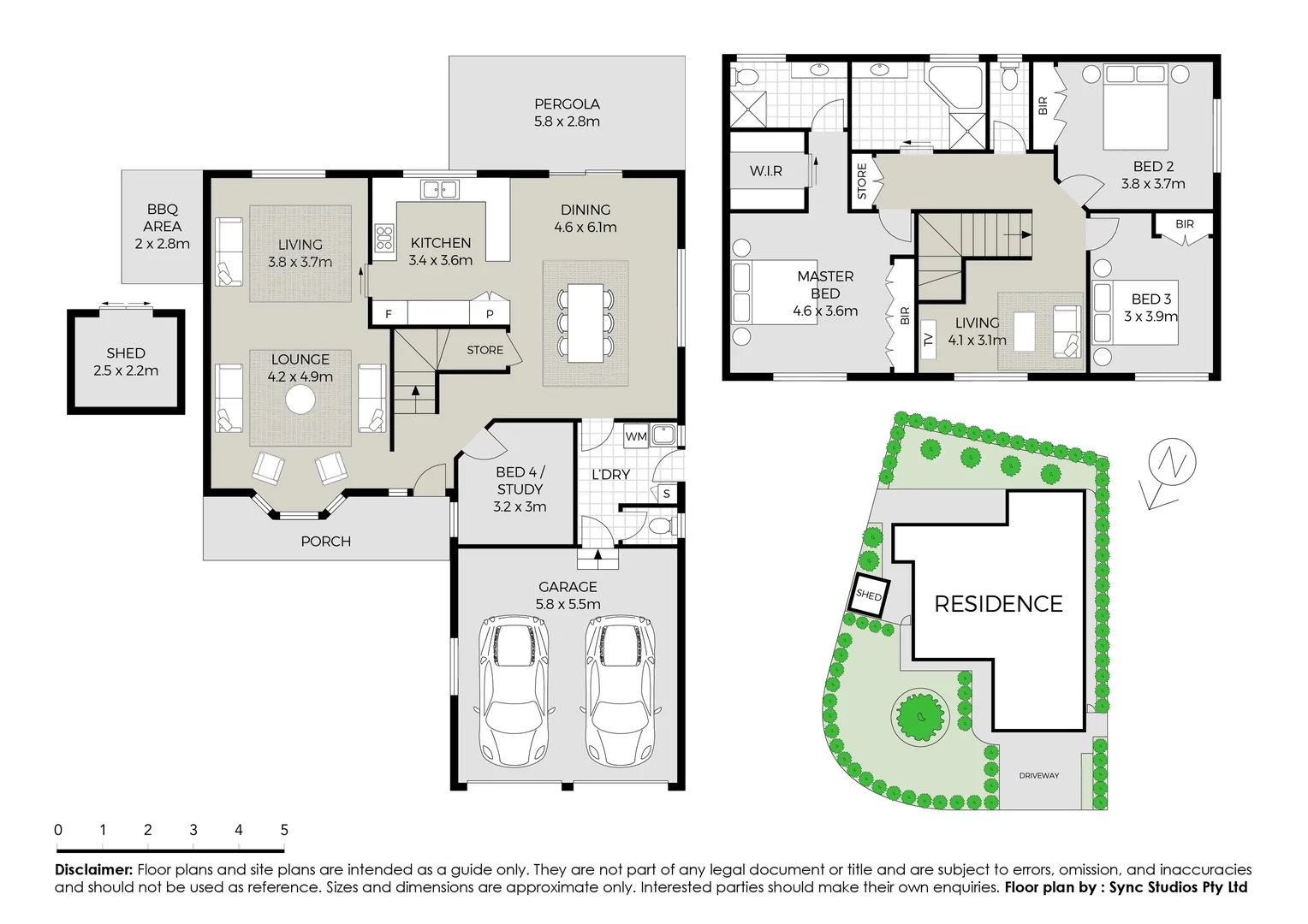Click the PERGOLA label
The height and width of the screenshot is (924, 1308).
pos(567,104)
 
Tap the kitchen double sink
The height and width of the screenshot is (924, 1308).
pos(440,189)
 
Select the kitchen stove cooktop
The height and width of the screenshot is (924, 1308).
pos(384,238)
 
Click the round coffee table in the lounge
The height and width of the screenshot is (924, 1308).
pos(300,400)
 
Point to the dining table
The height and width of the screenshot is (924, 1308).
pos(586,322)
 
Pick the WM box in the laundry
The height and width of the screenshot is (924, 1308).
pos(635,436)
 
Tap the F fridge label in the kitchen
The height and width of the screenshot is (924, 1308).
pos(389,314)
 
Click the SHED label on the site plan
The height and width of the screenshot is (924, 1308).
pos(869,595)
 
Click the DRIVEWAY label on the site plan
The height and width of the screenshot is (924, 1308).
pos(1039,776)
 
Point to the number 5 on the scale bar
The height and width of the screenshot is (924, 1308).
pos(284,830)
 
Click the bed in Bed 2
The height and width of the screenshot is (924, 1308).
pos(1135,108)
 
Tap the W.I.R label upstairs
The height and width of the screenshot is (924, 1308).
pos(765,171)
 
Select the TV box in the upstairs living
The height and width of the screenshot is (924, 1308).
pos(928,339)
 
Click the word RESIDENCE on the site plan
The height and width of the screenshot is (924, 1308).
pos(998,604)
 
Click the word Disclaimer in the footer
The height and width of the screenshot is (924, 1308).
pos(93,869)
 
